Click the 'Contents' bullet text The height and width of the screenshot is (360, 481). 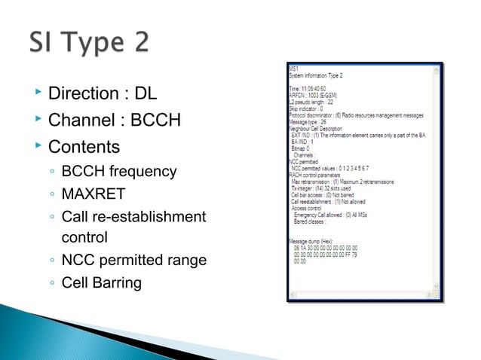tap(83, 144)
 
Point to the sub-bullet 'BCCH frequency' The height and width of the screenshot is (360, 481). tap(119, 172)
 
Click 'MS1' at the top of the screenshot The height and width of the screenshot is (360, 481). tap(294, 69)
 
